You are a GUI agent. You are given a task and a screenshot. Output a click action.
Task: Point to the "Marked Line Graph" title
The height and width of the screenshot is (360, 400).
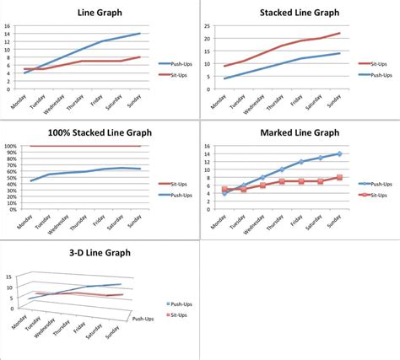pos(295,133)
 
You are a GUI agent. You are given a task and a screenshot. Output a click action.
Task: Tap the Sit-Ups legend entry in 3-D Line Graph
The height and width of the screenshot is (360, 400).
pos(175,313)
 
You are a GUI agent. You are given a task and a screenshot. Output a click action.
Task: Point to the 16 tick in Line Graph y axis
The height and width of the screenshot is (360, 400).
pos(7,26)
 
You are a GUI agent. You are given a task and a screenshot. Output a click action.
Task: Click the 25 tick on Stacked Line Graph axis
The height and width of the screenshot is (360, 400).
pos(205,26)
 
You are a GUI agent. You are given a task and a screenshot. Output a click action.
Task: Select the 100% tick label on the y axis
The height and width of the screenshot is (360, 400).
pos(10,146)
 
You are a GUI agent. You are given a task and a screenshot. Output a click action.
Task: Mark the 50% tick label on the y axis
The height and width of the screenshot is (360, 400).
pos(12,177)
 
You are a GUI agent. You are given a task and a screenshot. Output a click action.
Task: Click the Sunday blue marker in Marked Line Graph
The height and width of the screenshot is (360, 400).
pos(338,153)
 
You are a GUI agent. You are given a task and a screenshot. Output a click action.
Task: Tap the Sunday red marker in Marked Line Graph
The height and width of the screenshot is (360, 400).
pos(338,177)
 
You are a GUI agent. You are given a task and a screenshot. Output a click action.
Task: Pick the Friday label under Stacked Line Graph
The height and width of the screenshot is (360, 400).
pos(298,102)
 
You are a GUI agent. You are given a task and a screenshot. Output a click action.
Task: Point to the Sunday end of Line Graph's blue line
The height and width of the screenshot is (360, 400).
pos(140,34)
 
